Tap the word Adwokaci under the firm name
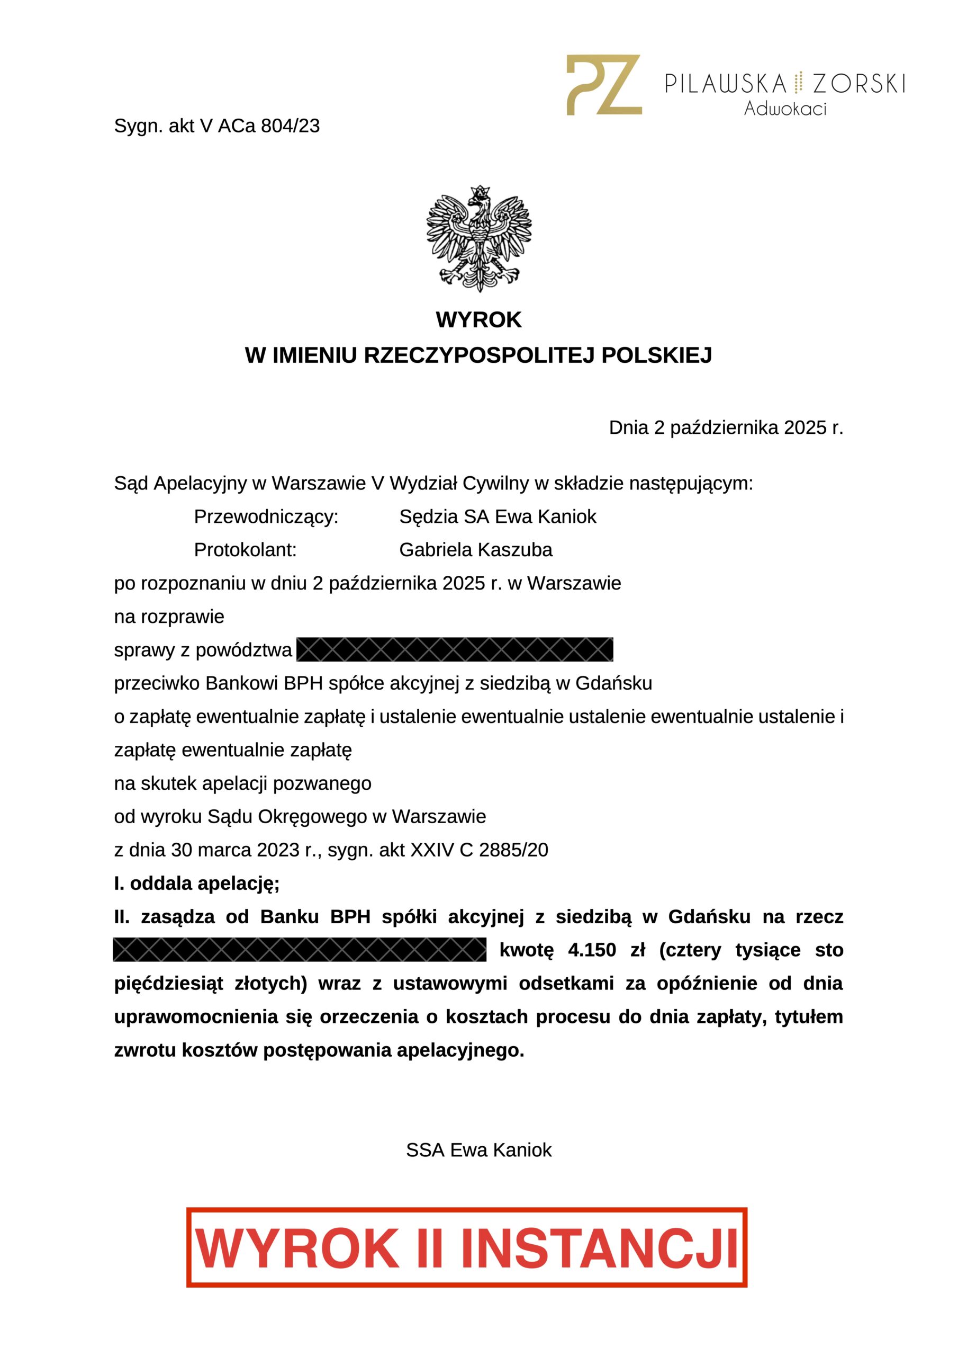(784, 109)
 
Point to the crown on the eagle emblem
(480, 191)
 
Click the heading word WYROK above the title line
(478, 319)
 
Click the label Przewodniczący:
(266, 517)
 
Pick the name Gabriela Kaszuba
(476, 550)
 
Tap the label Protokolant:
(245, 550)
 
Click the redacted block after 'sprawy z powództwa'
(455, 649)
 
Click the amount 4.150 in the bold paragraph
(591, 950)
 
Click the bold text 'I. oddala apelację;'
(196, 884)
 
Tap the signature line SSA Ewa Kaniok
(478, 1150)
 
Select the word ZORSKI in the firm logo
(859, 84)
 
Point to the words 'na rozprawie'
(169, 617)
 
